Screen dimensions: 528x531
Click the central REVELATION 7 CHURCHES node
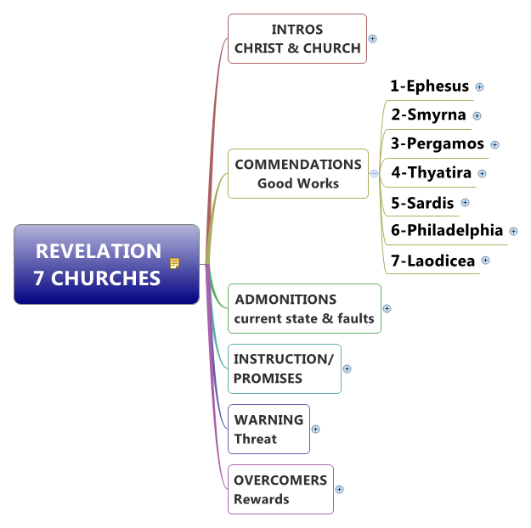(x=98, y=264)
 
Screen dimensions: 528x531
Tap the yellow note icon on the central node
(x=174, y=263)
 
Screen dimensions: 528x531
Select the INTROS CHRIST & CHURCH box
(x=297, y=39)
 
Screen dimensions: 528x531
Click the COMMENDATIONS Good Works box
(x=297, y=173)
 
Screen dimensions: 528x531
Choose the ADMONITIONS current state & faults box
(x=304, y=309)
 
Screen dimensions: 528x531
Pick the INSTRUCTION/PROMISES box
(x=284, y=368)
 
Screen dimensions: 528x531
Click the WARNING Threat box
(x=268, y=429)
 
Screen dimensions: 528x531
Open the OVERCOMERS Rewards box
(x=280, y=489)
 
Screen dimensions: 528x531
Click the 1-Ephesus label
(x=430, y=86)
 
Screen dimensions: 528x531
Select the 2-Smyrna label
(x=428, y=115)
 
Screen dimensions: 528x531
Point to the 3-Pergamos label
(x=438, y=143)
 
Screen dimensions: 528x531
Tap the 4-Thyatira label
(x=431, y=173)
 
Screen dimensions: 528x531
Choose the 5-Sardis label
(x=422, y=202)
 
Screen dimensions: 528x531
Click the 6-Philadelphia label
(x=447, y=230)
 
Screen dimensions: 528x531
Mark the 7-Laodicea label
(x=432, y=261)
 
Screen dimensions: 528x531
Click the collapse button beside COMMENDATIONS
(x=374, y=173)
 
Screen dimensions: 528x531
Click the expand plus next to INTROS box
(x=373, y=38)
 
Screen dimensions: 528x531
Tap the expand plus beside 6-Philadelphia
(x=513, y=231)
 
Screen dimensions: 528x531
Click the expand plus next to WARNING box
(x=316, y=429)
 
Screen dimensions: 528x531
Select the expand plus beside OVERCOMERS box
(x=340, y=489)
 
